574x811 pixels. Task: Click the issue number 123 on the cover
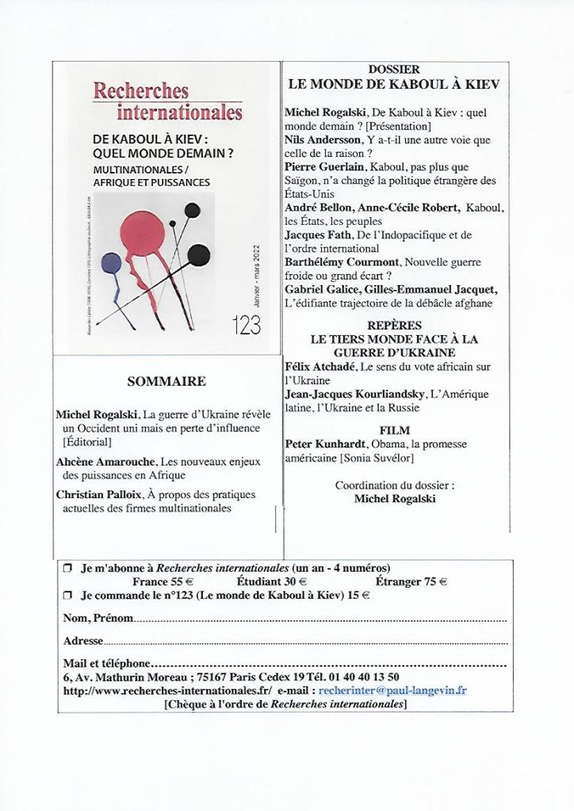pos(247,325)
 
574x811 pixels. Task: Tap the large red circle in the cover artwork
pos(143,235)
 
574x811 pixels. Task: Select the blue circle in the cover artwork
pos(112,263)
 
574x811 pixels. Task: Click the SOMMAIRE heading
pos(166,381)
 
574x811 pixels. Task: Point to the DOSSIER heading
pos(394,70)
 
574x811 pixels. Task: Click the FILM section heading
pos(394,430)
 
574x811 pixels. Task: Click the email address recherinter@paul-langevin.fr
pos(392,691)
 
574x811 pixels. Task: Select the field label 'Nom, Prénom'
pos(98,618)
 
